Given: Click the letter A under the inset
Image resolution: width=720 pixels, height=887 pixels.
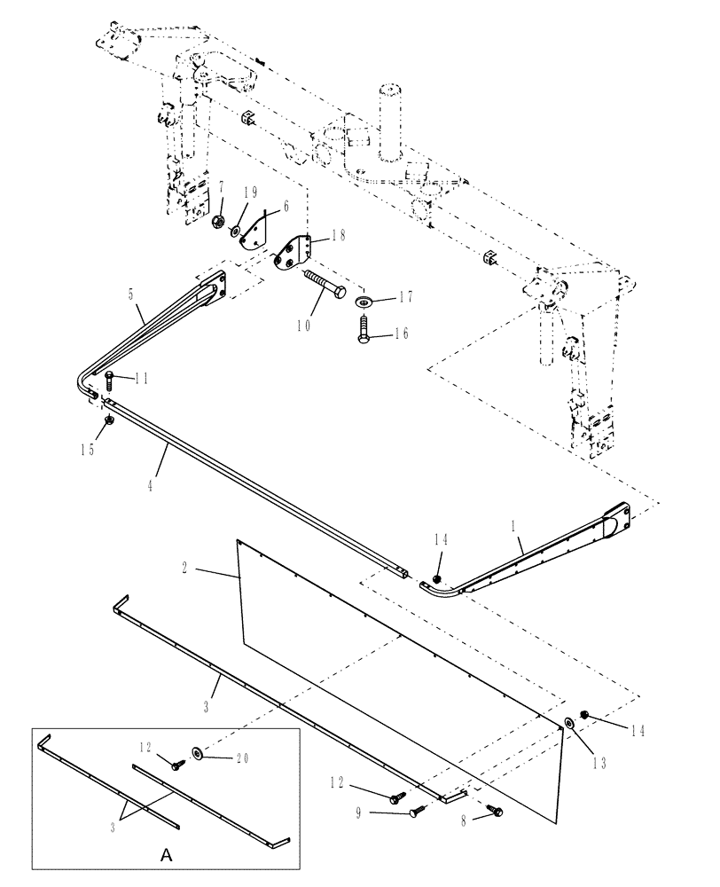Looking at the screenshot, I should click(165, 858).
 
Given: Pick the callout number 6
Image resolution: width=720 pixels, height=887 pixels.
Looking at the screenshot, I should click(261, 206).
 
